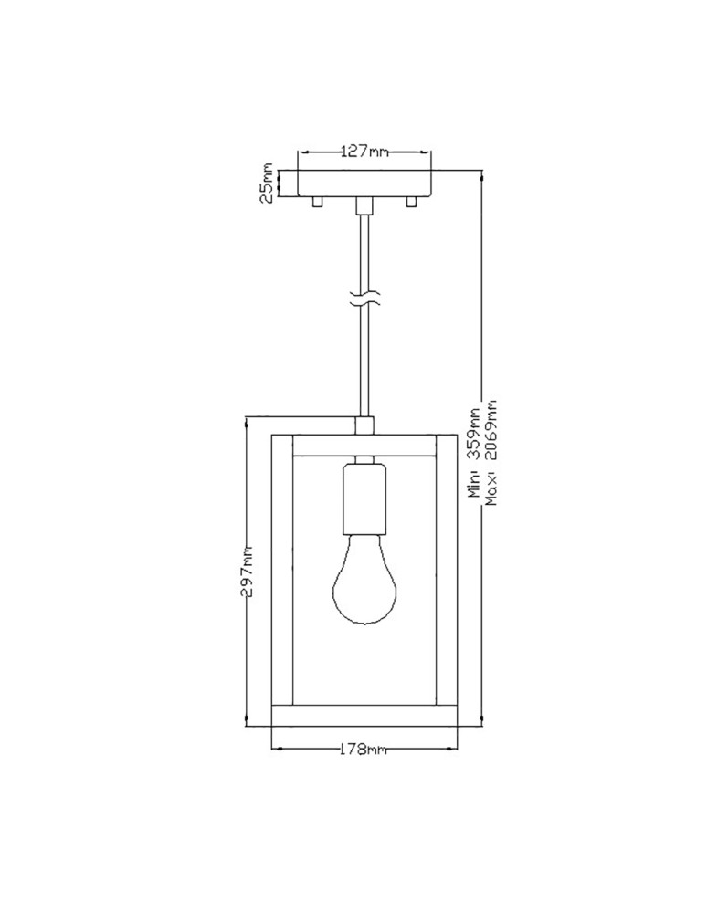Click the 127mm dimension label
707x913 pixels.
[x=364, y=152]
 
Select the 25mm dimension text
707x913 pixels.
[x=267, y=183]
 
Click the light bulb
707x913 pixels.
[x=364, y=584]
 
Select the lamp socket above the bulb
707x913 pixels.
[x=364, y=498]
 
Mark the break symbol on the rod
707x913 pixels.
[x=364, y=298]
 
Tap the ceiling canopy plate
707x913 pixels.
[x=364, y=183]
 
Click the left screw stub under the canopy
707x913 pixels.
[x=316, y=201]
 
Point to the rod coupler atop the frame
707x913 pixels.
[x=364, y=426]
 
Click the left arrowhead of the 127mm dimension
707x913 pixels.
[x=303, y=152]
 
